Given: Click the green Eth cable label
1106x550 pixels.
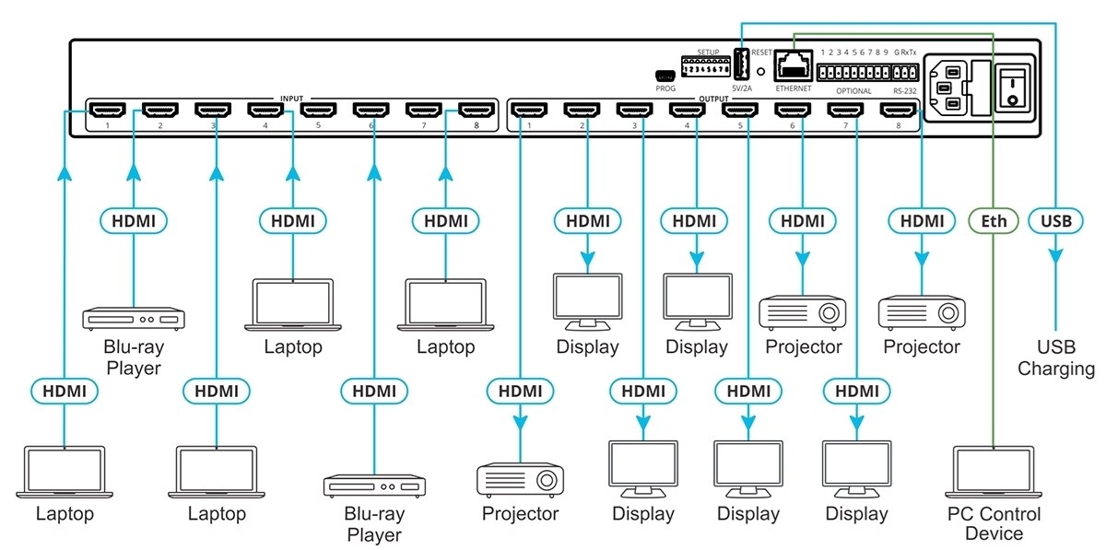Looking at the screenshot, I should [x=994, y=221].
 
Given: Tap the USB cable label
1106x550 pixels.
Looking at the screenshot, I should [x=1055, y=221].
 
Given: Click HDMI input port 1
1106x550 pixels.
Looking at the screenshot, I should [x=108, y=111].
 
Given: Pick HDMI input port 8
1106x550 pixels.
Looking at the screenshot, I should [x=477, y=111].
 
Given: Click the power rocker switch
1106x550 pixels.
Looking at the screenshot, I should [x=1012, y=83].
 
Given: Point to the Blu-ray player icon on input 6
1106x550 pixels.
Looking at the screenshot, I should [x=374, y=486].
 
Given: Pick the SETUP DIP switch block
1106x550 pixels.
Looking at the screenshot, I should [x=705, y=66].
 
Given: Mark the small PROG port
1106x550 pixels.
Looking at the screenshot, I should [x=665, y=76].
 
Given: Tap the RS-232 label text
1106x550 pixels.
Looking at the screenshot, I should [x=905, y=90].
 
